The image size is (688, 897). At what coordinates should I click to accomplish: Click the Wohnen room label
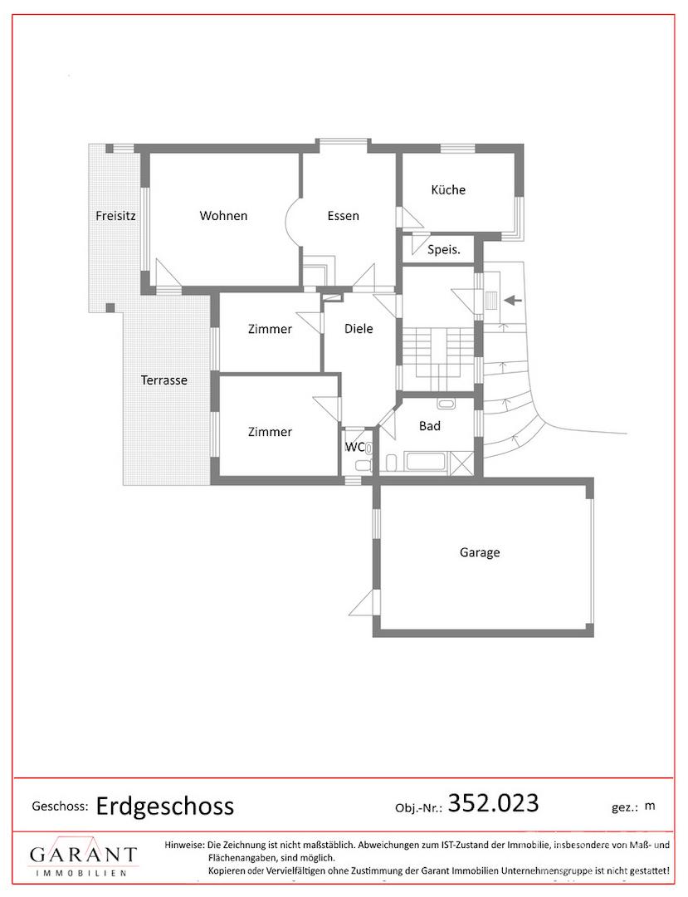point(223,216)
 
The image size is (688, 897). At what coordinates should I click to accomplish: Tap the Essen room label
point(343,216)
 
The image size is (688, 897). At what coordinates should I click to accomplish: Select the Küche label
point(448,189)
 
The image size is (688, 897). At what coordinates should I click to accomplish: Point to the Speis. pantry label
point(443,249)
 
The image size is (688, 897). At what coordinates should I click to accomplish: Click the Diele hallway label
point(359,328)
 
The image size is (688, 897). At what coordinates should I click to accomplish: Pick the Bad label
point(430,425)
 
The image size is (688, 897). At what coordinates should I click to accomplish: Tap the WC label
point(354,447)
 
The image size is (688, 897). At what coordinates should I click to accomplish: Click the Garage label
point(480,552)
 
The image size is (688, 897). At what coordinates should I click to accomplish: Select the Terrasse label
point(164,380)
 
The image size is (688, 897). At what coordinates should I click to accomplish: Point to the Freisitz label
point(115,216)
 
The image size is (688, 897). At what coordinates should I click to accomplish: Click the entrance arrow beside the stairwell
point(513,299)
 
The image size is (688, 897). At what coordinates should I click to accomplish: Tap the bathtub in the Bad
point(425,460)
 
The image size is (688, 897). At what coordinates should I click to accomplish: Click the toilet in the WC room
point(368,448)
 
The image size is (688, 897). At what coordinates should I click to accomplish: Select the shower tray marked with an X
point(461,462)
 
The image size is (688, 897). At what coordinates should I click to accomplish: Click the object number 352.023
point(493,803)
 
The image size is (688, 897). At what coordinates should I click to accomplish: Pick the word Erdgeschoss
point(165,806)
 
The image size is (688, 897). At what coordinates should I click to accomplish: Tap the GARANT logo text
point(84,855)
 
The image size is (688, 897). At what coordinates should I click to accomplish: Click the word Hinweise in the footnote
point(184,845)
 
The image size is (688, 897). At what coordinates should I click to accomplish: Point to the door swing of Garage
point(364,603)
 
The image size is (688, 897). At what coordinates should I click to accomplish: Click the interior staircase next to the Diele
point(438,358)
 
